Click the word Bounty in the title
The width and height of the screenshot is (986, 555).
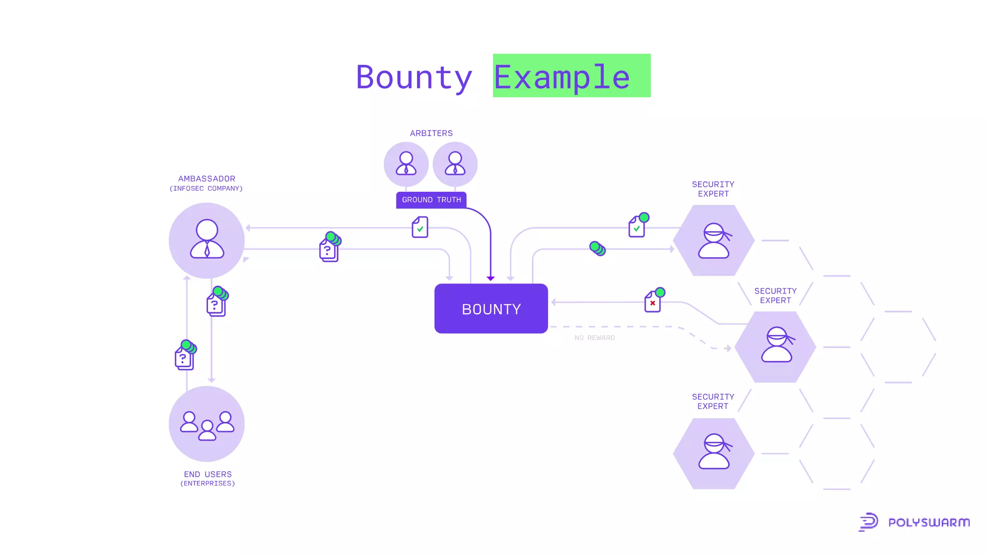(x=414, y=77)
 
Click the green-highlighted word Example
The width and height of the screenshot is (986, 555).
(x=562, y=77)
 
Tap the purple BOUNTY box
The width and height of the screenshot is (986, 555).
(x=491, y=309)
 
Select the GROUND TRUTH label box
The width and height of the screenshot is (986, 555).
(x=431, y=200)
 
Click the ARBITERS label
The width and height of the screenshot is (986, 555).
(x=431, y=133)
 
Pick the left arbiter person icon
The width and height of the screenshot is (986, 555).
(x=406, y=164)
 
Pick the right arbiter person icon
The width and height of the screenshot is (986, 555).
(x=455, y=164)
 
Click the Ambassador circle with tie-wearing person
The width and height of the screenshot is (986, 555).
(x=207, y=240)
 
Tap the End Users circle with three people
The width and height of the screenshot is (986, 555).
(x=207, y=424)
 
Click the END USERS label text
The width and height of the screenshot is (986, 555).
(x=208, y=475)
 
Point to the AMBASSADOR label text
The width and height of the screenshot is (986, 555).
(x=207, y=179)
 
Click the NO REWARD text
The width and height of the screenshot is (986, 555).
(x=595, y=338)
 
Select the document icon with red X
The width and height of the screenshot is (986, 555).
(x=653, y=302)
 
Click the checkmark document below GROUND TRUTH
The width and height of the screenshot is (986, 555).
(x=420, y=227)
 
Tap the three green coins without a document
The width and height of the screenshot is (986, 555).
(x=597, y=249)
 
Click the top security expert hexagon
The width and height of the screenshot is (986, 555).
(x=714, y=240)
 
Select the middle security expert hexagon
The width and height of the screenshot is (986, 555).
(x=776, y=347)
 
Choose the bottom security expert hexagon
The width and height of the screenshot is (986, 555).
(x=714, y=453)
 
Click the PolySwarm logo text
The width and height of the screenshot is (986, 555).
(x=929, y=523)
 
